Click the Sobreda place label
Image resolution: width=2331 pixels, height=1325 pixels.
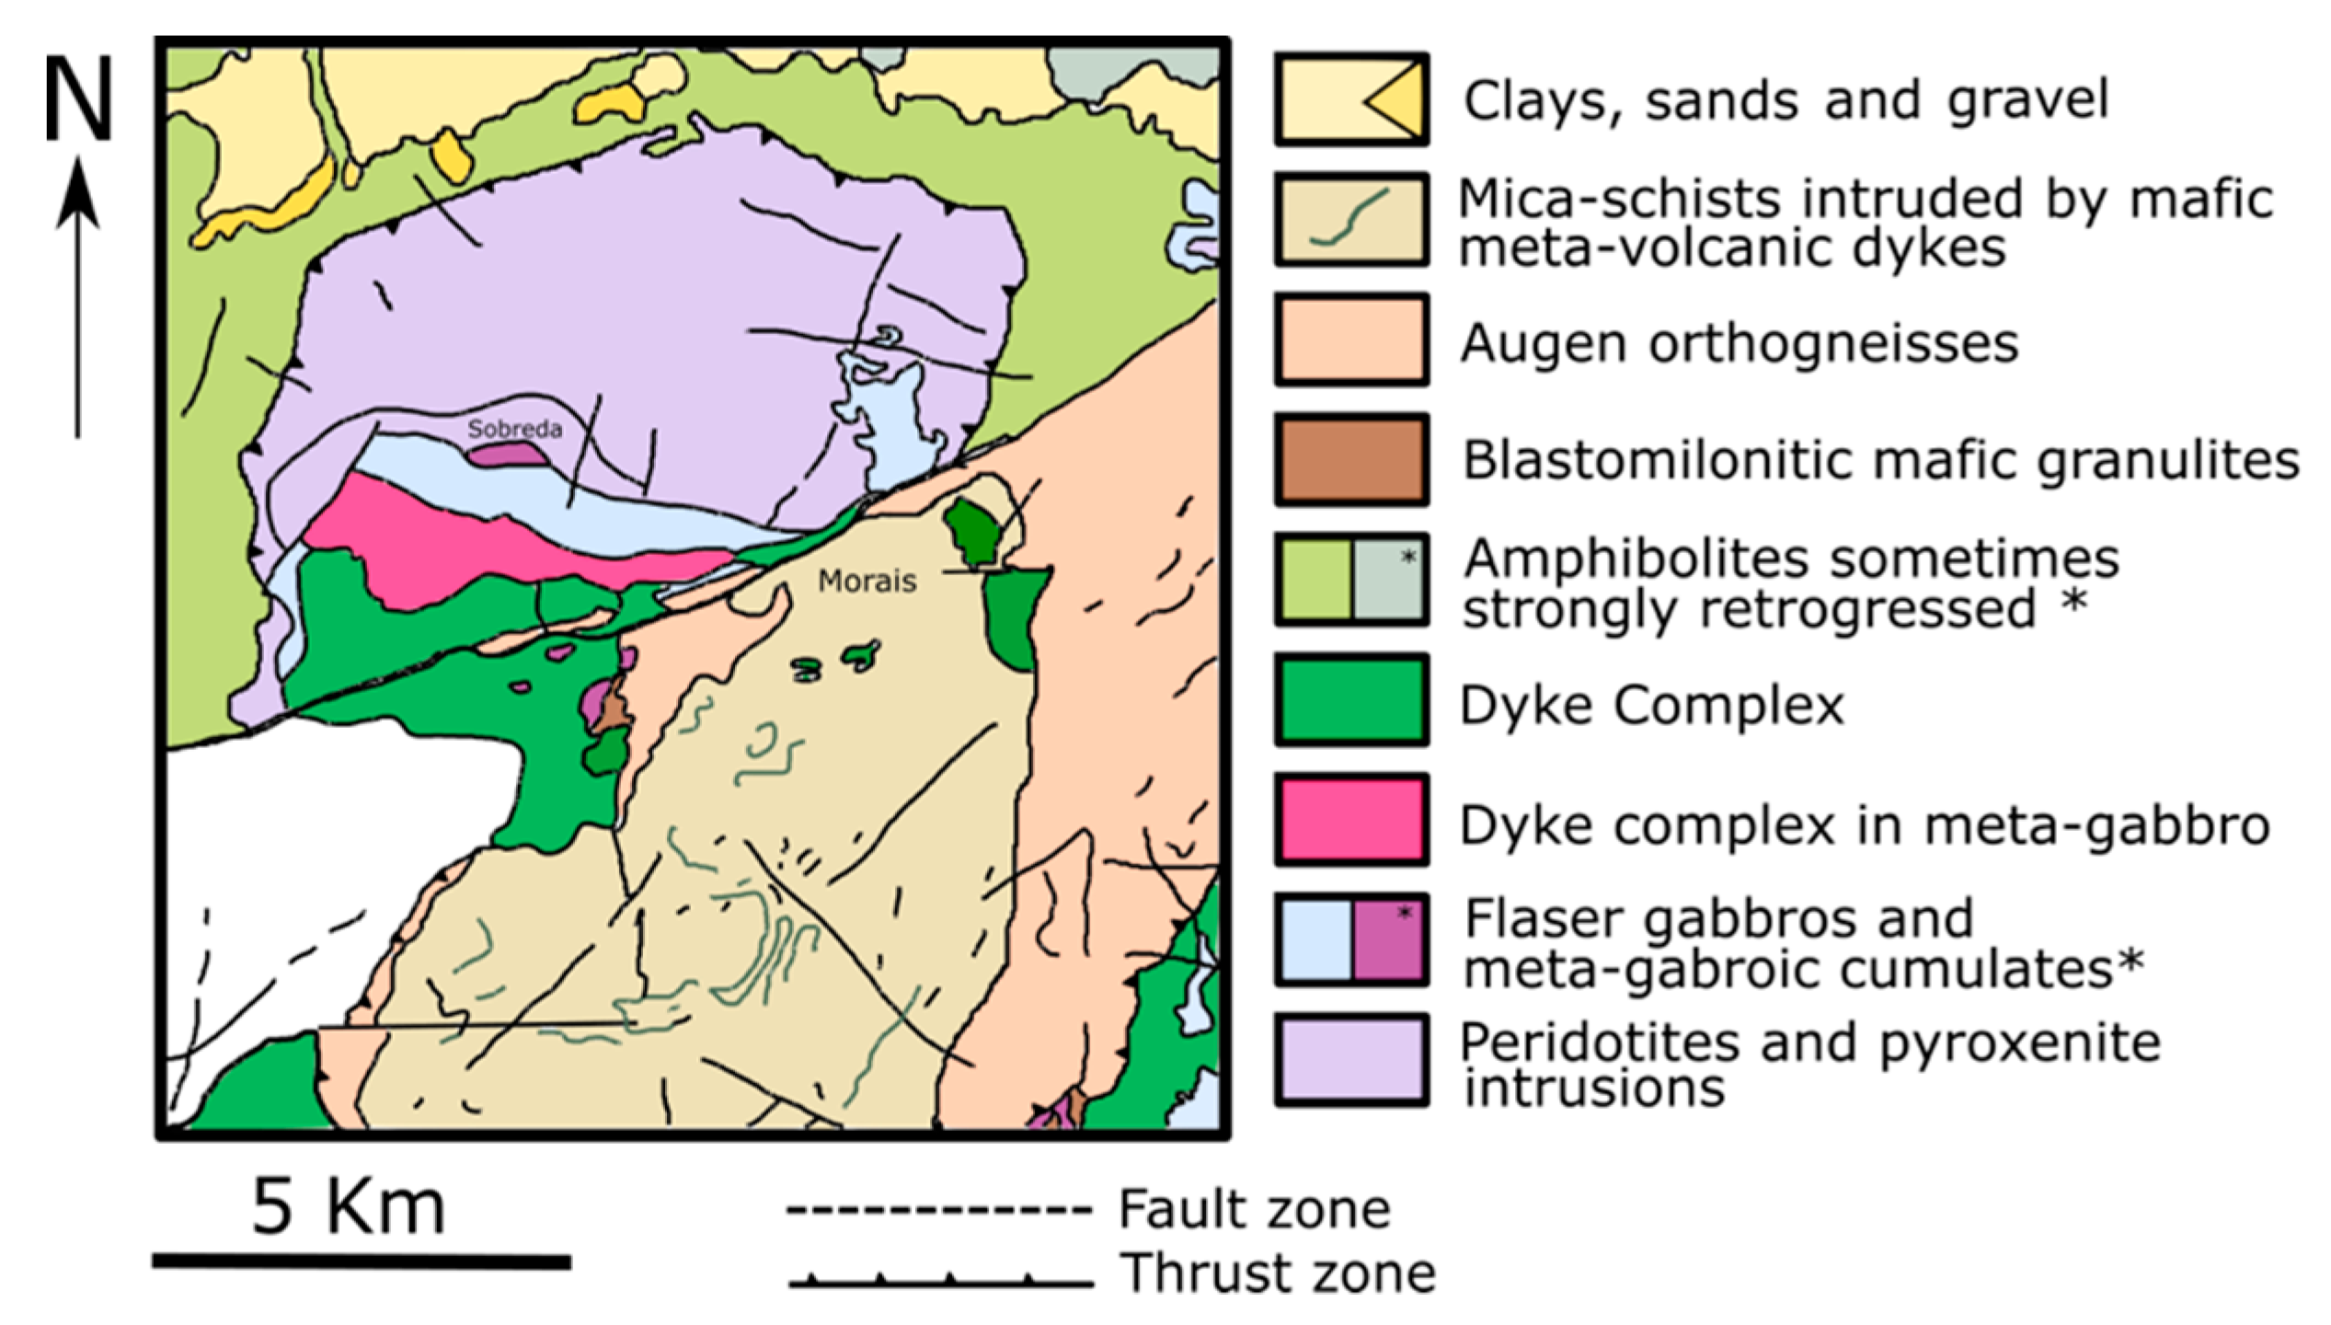coord(514,429)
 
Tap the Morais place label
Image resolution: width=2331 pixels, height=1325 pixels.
coord(867,582)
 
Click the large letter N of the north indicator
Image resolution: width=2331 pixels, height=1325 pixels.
coord(79,98)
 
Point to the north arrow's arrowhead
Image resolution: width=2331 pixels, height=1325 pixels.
coord(78,193)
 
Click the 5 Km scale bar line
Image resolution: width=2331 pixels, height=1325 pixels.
coord(362,1262)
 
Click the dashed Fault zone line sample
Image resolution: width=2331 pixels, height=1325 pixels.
coord(938,1209)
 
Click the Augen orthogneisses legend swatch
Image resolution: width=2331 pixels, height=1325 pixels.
coord(1350,340)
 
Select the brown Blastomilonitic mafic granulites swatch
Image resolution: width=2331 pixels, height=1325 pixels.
coord(1350,459)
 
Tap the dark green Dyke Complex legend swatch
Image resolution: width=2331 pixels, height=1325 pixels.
coord(1350,699)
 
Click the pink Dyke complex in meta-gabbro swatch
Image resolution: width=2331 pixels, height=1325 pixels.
coord(1350,819)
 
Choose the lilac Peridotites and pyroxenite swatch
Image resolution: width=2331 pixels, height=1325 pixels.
coord(1350,1059)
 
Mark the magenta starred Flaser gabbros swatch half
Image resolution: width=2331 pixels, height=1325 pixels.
coord(1388,939)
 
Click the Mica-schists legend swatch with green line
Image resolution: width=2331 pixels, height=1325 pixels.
coord(1350,219)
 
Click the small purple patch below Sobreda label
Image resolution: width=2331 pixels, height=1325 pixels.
coord(507,454)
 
